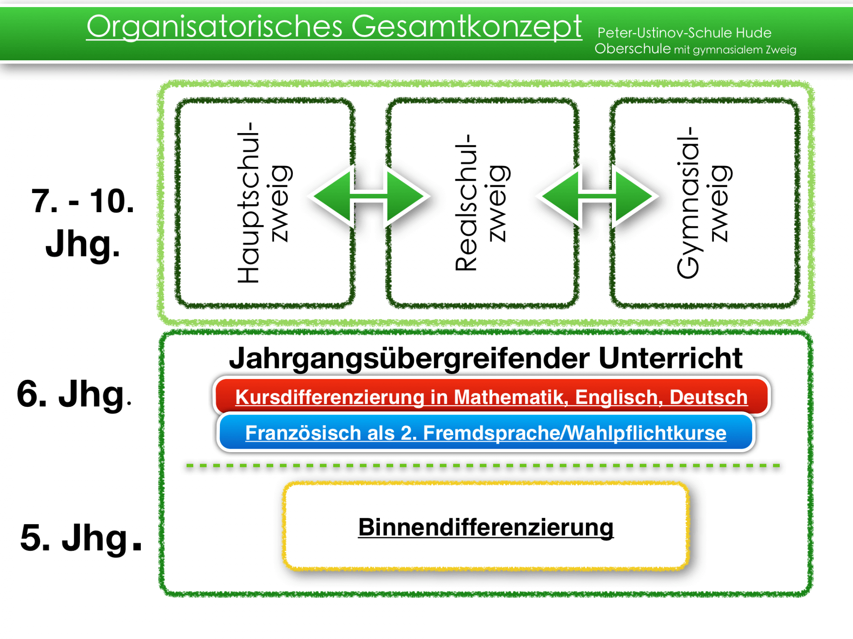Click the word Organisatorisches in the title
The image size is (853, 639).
click(x=215, y=27)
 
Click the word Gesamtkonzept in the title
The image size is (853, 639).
click(x=466, y=27)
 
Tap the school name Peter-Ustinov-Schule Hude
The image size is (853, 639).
click(x=684, y=33)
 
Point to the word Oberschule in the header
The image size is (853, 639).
click(x=633, y=48)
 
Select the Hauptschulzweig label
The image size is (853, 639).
click(x=264, y=203)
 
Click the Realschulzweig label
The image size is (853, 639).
click(x=482, y=203)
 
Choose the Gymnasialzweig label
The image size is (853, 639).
click(x=704, y=203)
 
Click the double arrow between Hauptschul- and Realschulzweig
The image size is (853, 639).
click(x=369, y=196)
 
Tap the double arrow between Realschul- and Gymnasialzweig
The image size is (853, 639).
click(x=597, y=196)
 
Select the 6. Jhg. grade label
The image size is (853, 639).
click(x=74, y=394)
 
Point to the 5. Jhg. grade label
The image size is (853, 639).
click(x=81, y=538)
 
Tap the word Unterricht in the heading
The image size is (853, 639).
click(x=670, y=358)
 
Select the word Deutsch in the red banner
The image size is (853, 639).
click(x=709, y=397)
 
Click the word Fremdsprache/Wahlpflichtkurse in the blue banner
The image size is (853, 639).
click(x=575, y=433)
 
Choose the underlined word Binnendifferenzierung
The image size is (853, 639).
click(x=486, y=528)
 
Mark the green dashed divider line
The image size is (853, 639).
click(x=483, y=465)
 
